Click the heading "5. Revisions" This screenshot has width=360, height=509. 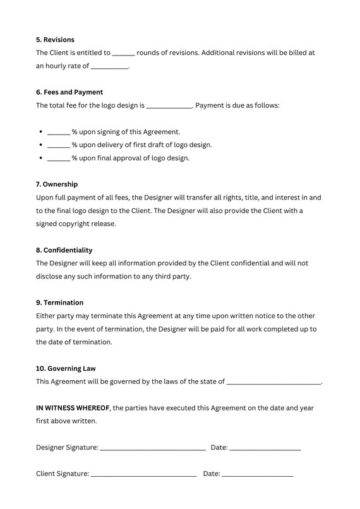click(55, 40)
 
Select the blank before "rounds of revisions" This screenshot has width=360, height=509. click(124, 55)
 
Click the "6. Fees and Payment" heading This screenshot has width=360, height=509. click(69, 92)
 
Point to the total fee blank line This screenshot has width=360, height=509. click(169, 107)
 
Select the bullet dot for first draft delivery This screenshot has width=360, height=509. click(40, 145)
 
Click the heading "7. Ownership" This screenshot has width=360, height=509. click(57, 184)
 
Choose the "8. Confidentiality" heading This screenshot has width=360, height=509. click(64, 250)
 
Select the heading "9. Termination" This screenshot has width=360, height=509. click(59, 302)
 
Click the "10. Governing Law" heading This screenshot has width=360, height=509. click(66, 368)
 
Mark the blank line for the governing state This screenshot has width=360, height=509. click(273, 383)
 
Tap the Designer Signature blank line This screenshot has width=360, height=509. click(153, 450)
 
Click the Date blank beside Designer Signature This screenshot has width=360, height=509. click(265, 450)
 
